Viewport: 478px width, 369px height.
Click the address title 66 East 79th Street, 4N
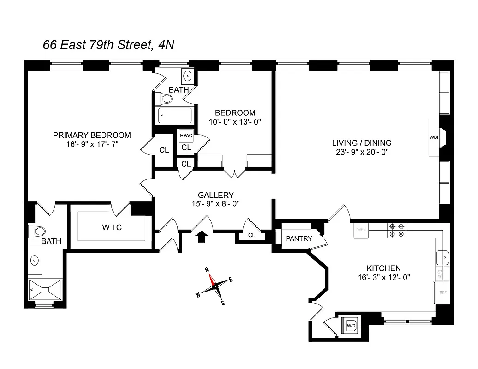coord(108,45)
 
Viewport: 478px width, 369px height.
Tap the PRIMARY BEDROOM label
coord(92,135)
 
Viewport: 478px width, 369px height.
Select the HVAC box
coord(186,136)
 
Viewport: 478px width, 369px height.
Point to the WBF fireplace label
coord(434,137)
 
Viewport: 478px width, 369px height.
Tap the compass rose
coord(214,286)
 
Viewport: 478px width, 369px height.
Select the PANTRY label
coord(299,238)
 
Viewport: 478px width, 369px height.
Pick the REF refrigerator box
coord(442,292)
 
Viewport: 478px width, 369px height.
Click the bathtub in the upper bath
coord(175,115)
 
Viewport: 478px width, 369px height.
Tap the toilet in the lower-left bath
coord(36,231)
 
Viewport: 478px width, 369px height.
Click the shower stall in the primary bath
coord(45,289)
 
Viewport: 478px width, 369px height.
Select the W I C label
coord(112,227)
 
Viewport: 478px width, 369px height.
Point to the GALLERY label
coord(216,195)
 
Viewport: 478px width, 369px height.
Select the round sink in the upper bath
coord(188,76)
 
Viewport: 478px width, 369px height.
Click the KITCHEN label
coord(383,268)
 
